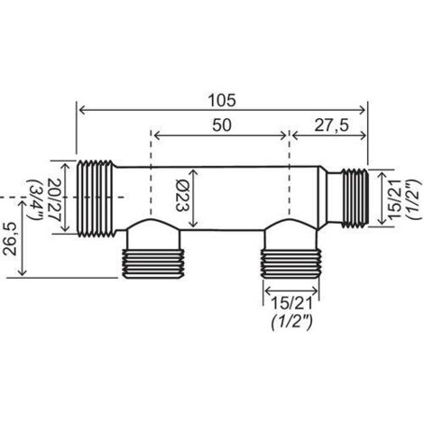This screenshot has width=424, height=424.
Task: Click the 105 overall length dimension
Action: tap(223, 100)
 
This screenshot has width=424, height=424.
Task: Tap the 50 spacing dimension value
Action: tap(222, 125)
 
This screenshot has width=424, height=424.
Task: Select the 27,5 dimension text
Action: tap(332, 125)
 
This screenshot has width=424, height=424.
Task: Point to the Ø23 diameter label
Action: tap(183, 196)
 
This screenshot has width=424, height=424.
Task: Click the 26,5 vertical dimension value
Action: tap(10, 239)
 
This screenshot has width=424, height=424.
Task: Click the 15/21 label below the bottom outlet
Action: tap(291, 304)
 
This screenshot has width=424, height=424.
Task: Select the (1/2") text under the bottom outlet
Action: tap(292, 323)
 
